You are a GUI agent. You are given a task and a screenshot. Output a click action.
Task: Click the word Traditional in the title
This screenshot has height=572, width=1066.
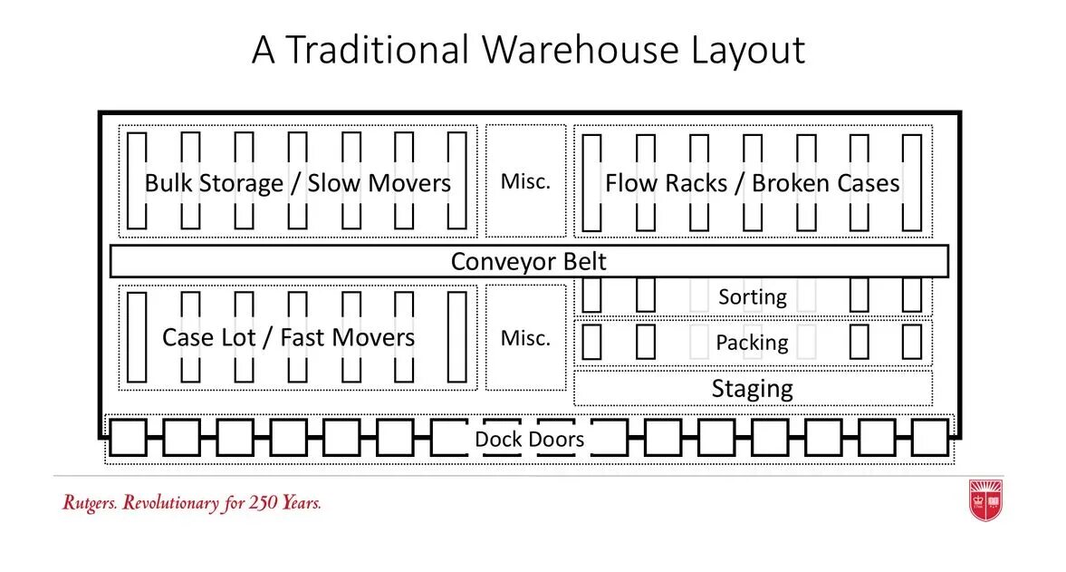point(378,51)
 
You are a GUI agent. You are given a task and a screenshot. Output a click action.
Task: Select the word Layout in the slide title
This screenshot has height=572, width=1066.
point(748,51)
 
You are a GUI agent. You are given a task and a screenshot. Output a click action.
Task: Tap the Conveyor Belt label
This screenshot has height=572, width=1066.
point(529,262)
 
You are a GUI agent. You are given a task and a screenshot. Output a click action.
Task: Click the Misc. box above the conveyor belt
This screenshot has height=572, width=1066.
point(525,181)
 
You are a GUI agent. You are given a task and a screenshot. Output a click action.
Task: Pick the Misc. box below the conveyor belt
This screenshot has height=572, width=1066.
point(525,338)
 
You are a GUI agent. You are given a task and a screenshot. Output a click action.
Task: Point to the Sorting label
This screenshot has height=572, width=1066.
point(753,296)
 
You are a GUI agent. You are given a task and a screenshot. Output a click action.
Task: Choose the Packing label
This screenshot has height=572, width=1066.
point(752,343)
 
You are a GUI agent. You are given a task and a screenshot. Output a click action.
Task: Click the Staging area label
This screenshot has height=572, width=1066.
point(753,389)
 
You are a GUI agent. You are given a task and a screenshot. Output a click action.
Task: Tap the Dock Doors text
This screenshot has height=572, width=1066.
point(529,440)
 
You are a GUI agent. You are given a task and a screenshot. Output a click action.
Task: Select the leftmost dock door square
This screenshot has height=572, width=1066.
point(128,437)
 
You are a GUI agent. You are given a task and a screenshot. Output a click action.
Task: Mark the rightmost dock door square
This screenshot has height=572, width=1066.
point(929,437)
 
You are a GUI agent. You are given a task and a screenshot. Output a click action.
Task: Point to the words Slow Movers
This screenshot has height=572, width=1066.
point(379,183)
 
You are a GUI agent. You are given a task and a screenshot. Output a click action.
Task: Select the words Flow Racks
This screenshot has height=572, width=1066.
point(666,183)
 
